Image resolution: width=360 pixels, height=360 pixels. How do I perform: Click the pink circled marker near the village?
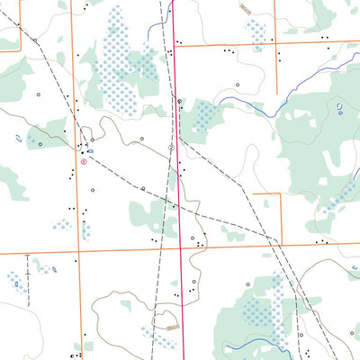[x=84, y=163]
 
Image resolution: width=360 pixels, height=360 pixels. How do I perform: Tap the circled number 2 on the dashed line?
[x=171, y=147]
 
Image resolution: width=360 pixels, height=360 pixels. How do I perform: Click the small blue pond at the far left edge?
[x=19, y=139]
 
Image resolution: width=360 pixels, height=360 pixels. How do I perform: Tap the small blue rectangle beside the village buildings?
[x=90, y=151]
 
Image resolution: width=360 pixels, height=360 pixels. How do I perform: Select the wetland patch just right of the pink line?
[x=205, y=115]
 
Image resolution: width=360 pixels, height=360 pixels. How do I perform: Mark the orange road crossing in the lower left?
[x=76, y=252]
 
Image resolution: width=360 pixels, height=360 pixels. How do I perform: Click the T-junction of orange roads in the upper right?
[x=278, y=41]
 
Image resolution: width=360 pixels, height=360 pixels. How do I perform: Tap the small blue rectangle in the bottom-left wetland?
[x=16, y=284]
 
